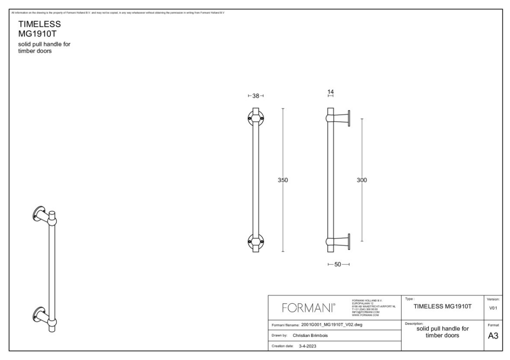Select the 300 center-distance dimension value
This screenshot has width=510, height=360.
[x=362, y=180]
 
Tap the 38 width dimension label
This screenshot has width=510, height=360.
[x=255, y=96]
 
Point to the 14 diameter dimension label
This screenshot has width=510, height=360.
[x=330, y=92]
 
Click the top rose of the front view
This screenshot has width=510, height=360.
[x=255, y=117]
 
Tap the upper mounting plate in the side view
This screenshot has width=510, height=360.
[x=349, y=117]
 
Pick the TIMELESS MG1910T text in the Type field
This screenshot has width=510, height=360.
[x=443, y=306]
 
